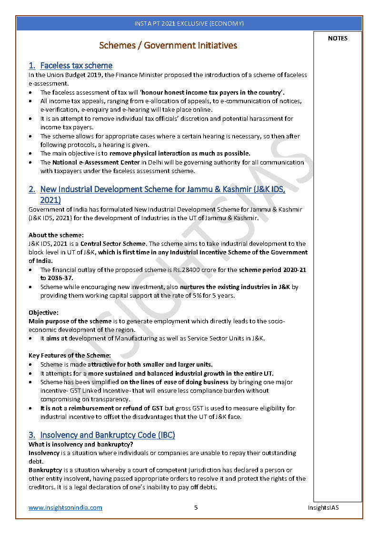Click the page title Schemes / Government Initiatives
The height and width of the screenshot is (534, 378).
pyautogui.click(x=168, y=46)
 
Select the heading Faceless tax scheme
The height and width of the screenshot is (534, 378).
pyautogui.click(x=76, y=66)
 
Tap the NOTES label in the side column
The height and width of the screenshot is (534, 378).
pyautogui.click(x=338, y=39)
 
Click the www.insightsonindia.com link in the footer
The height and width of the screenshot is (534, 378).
pyautogui.click(x=65, y=507)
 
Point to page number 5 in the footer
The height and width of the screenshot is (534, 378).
pyautogui.click(x=196, y=507)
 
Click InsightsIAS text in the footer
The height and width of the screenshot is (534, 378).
pyautogui.click(x=323, y=507)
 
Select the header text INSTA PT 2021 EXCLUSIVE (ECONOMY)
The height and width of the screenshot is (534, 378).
pyautogui.click(x=189, y=23)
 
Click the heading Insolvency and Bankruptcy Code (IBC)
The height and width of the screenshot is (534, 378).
pyautogui.click(x=107, y=435)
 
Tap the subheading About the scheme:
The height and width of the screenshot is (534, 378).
pyautogui.click(x=56, y=235)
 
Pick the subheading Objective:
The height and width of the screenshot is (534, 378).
pyautogui.click(x=43, y=312)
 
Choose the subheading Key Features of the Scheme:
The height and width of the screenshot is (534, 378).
pyautogui.click(x=70, y=355)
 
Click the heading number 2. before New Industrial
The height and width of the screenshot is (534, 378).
pyautogui.click(x=32, y=189)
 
